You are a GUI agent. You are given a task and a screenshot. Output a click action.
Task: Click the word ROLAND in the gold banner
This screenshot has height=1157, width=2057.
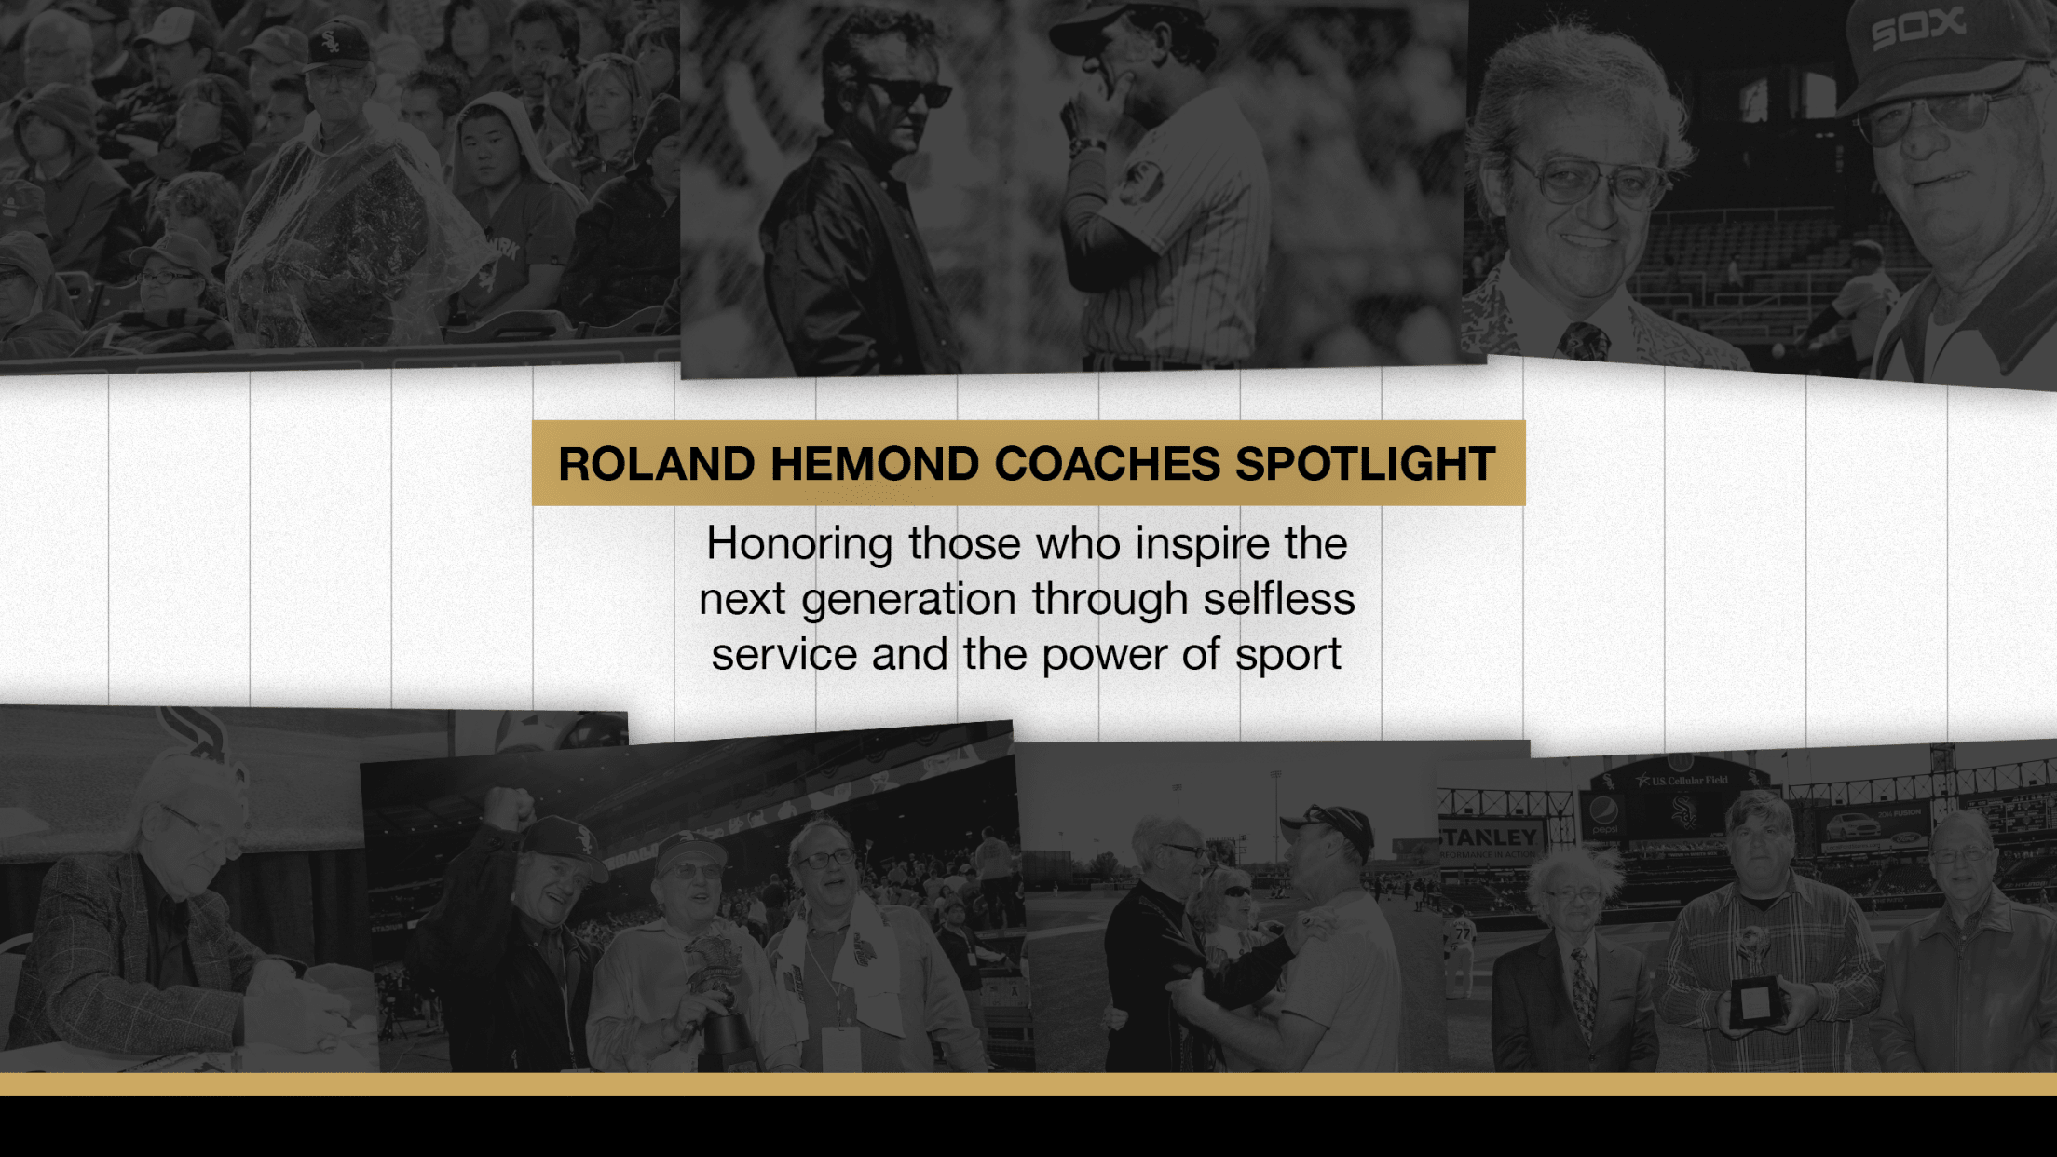coord(656,464)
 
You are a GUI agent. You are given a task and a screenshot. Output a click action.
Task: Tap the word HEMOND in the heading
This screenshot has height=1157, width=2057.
coord(874,464)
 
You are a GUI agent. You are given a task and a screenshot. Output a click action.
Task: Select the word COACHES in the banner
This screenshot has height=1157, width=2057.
coord(1107,464)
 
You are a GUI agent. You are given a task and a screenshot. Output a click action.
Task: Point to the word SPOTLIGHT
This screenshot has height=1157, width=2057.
coord(1365,464)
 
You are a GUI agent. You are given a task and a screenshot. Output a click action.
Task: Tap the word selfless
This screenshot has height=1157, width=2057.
coord(1278,599)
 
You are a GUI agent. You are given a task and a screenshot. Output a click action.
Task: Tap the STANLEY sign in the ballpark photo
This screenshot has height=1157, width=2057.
coord(1489,837)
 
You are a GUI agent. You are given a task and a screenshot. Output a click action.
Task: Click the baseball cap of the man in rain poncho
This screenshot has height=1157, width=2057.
coord(336,48)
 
